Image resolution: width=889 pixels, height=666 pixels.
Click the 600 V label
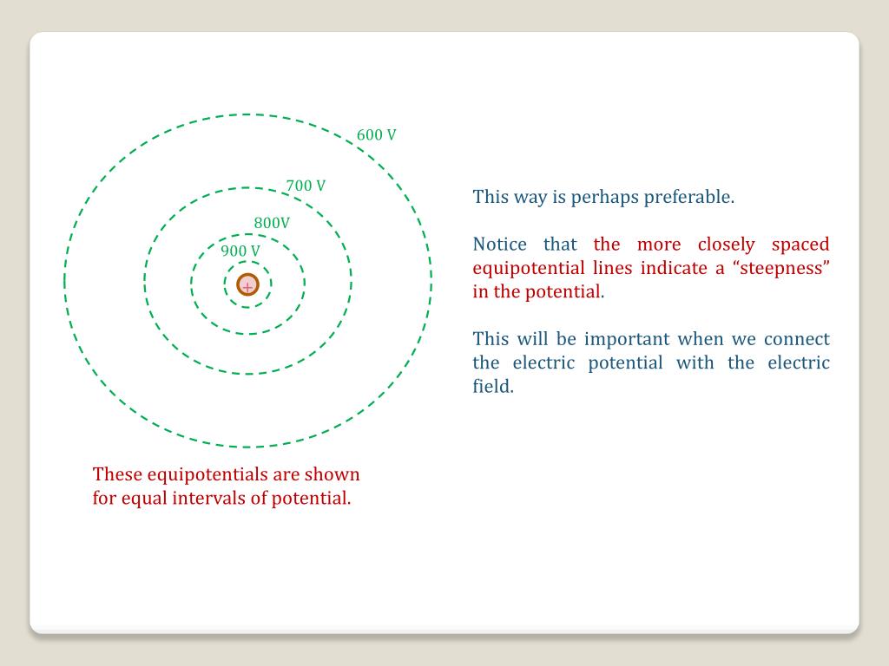pos(377,134)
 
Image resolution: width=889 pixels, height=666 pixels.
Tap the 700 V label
pos(306,186)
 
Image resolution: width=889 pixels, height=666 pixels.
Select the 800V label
pos(272,223)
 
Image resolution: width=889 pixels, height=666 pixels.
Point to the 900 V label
pos(240,251)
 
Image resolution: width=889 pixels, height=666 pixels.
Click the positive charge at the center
pos(247,284)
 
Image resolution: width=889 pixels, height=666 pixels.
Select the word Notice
pos(499,244)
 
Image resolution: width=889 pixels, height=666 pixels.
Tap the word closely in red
pos(727,245)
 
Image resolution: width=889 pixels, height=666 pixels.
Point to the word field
pos(493,386)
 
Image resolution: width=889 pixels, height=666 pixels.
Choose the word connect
pos(797,339)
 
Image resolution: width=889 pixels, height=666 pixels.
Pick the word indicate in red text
pos(674,268)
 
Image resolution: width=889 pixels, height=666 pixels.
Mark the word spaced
pos(800,245)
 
